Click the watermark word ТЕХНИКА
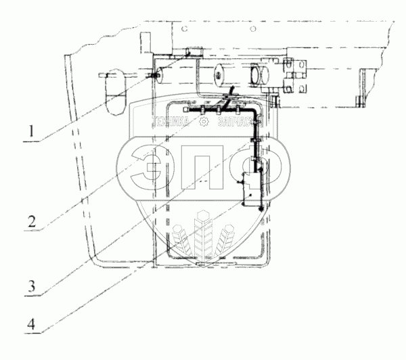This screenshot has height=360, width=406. click(173, 122)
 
